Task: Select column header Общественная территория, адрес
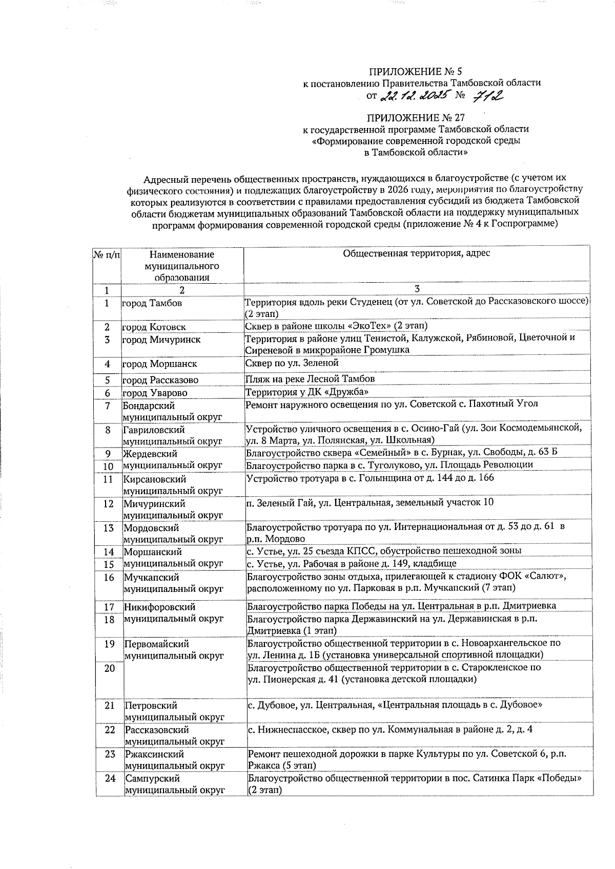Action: click(416, 253)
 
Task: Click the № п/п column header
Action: click(107, 255)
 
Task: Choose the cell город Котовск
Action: click(154, 327)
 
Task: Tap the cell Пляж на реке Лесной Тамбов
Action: click(310, 379)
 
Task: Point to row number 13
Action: click(108, 528)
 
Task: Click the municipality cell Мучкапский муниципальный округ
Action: click(174, 583)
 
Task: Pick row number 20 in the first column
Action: click(109, 668)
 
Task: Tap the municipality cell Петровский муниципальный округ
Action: click(174, 712)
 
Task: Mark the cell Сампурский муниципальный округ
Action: click(175, 785)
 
